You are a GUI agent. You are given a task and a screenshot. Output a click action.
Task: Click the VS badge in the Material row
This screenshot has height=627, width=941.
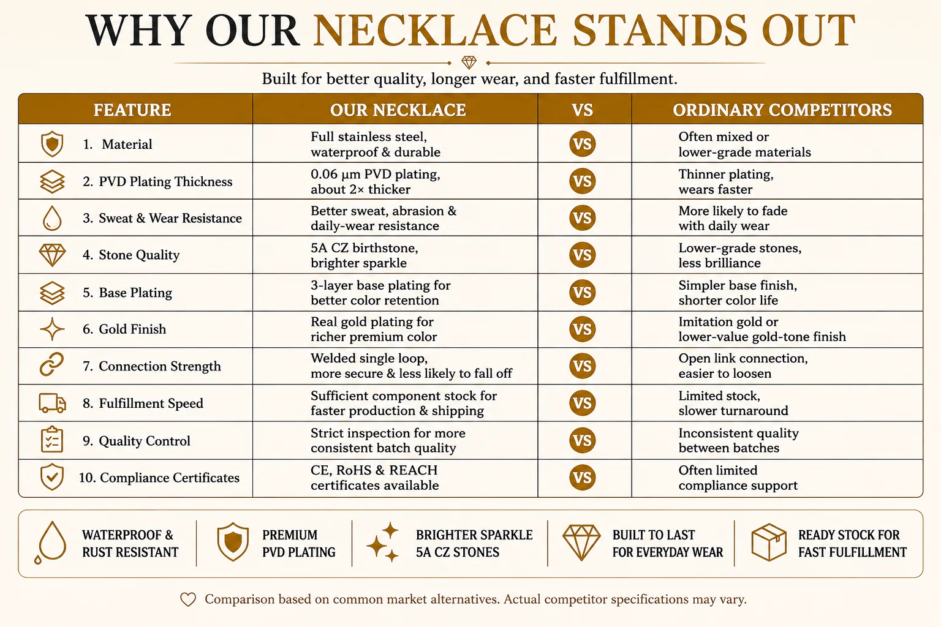[x=582, y=144]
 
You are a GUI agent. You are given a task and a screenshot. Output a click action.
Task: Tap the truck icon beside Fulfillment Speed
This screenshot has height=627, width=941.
[x=52, y=403]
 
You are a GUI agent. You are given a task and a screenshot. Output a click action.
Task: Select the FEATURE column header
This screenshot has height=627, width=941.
[x=132, y=110]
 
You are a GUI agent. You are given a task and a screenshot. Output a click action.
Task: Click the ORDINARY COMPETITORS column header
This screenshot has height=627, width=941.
[x=782, y=110]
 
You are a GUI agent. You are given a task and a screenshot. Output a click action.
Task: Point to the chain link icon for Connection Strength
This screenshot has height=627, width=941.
[x=51, y=364]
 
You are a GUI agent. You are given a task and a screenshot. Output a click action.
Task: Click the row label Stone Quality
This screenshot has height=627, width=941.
[x=139, y=255]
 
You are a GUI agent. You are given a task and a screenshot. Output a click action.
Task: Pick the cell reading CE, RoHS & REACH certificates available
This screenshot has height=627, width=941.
[x=374, y=478]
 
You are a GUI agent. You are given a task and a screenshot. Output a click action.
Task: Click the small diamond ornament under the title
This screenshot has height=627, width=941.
[x=469, y=62]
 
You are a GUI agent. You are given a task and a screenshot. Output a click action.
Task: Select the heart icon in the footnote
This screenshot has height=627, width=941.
[x=188, y=599]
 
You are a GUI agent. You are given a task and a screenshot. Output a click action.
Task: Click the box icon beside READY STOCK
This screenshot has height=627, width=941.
[x=768, y=542]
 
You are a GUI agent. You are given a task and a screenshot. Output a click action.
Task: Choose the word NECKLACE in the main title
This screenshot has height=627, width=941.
[x=435, y=30]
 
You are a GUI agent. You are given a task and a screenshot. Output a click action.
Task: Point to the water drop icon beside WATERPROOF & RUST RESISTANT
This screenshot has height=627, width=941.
[x=51, y=542]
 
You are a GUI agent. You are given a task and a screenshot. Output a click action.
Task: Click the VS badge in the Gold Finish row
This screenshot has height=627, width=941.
[x=582, y=329]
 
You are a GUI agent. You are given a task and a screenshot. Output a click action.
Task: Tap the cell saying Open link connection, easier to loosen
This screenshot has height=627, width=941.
[x=743, y=366]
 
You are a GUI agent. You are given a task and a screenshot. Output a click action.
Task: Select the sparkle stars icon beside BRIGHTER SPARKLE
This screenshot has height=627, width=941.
[x=383, y=542]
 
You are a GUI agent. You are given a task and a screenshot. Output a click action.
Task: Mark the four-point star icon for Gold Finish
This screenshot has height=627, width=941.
[x=52, y=329]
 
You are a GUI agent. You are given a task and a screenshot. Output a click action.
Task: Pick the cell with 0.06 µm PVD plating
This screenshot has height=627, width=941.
[x=375, y=181]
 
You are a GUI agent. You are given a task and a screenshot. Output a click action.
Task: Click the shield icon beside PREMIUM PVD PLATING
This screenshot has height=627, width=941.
[x=233, y=542]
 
